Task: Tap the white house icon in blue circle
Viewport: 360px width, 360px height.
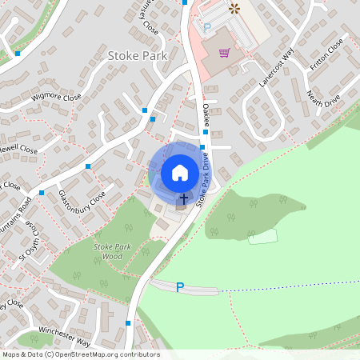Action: pos(179,172)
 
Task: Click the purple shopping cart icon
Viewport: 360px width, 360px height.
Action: pos(225,53)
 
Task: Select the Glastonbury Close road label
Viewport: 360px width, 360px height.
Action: pos(82,195)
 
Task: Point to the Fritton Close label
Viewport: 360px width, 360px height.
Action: pos(329,52)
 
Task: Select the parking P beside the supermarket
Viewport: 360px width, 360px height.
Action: pos(206,27)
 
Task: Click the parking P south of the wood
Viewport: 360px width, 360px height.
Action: pos(180,286)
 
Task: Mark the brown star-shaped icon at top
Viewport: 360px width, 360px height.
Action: pos(234,9)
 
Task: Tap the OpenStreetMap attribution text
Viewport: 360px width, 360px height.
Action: pos(80,354)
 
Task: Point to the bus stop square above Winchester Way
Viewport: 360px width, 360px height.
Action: pos(128,323)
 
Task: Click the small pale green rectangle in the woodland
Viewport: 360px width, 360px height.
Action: pos(262,236)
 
